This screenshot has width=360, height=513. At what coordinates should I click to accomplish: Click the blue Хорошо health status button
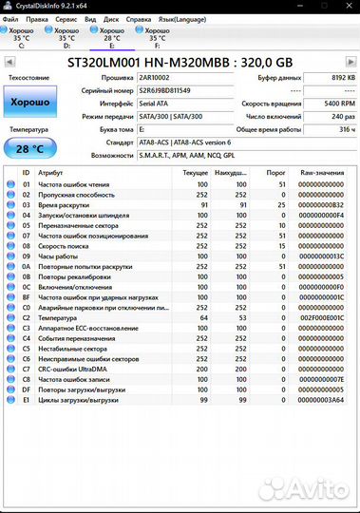29,101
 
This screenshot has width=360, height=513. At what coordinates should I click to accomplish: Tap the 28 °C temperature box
29,149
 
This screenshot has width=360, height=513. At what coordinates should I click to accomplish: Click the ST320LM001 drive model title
180,62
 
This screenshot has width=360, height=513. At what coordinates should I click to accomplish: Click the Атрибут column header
50,174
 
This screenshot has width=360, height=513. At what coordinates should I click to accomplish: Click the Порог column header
275,174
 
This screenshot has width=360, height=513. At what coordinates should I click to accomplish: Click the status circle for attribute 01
10,184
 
